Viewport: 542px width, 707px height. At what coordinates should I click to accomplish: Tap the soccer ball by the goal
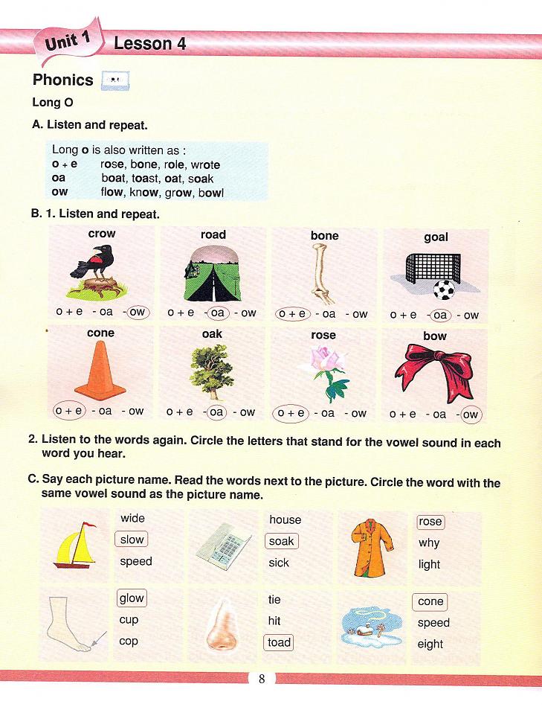pos(444,289)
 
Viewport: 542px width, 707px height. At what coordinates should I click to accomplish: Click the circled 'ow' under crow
pos(138,313)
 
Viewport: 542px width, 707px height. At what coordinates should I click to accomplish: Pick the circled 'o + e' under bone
pos(291,314)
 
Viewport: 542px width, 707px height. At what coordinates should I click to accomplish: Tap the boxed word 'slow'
pos(132,540)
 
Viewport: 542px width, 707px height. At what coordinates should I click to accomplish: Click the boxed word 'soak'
pos(282,541)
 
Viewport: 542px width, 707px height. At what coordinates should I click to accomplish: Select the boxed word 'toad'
pos(280,642)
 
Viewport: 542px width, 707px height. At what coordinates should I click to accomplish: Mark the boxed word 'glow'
pos(132,598)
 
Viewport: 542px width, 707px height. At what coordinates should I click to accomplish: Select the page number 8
pos(261,679)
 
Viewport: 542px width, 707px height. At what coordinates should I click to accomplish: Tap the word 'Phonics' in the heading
pos(63,80)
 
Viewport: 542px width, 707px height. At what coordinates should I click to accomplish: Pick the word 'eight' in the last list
pos(430,644)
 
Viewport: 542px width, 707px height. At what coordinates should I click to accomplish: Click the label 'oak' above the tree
pos(213,334)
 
